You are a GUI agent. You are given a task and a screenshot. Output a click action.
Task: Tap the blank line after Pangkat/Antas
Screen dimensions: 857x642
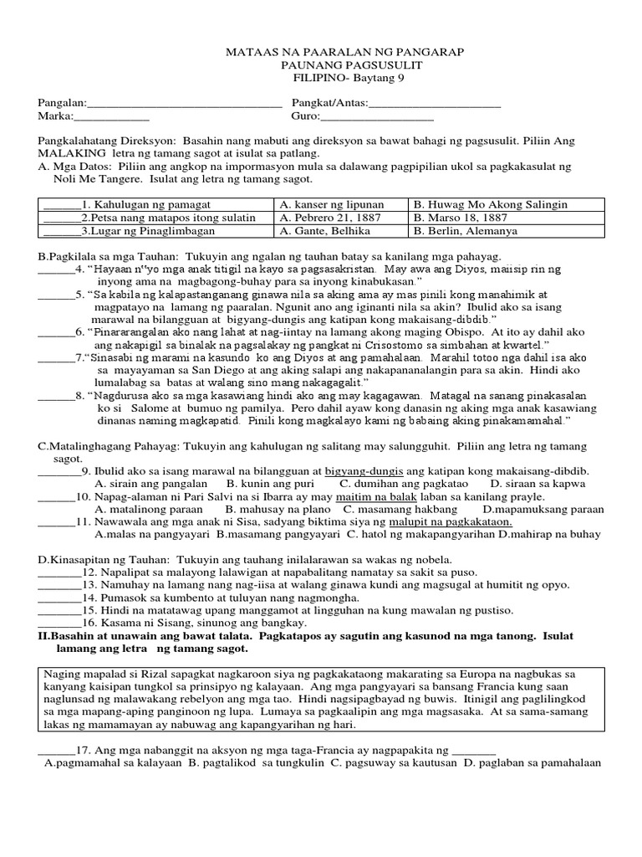(x=435, y=105)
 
